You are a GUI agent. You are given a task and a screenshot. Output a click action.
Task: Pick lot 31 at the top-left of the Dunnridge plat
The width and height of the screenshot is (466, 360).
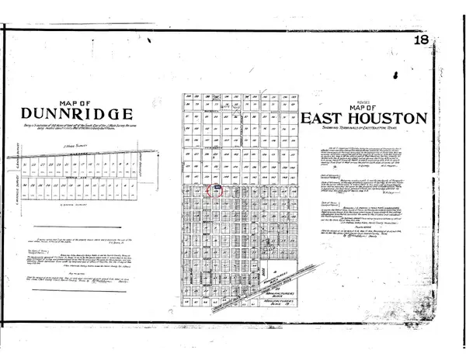click(26, 164)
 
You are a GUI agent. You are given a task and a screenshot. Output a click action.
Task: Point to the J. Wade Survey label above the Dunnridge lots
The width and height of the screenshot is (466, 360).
click(73, 145)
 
